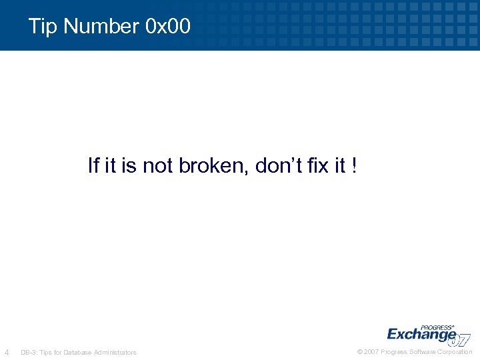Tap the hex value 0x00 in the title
point(167,27)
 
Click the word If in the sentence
point(93,165)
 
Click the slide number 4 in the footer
point(7,352)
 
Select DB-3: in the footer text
point(29,352)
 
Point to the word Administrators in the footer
point(115,352)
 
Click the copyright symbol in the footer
point(360,352)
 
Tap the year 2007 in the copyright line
point(371,352)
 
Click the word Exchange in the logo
point(421,334)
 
